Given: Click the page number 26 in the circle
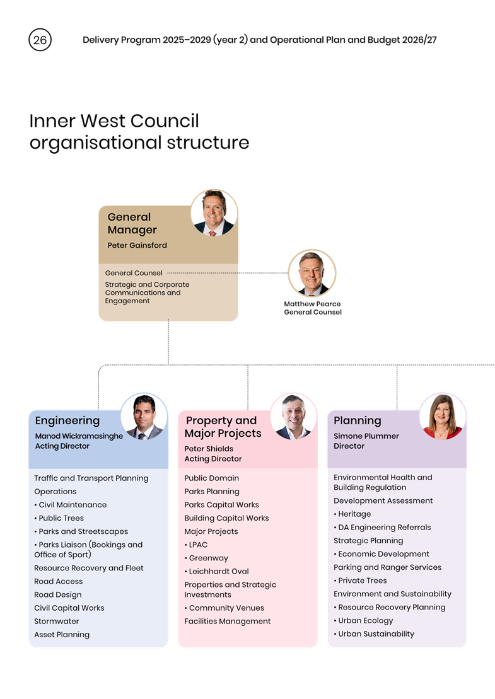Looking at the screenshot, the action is click(x=40, y=40).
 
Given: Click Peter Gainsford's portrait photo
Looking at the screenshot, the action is click(x=214, y=212).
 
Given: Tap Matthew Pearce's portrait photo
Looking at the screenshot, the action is click(x=312, y=273).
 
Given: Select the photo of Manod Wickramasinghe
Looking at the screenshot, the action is click(x=144, y=417).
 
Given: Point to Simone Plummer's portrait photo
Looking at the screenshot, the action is click(x=443, y=417).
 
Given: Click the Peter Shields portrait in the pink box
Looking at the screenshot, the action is click(x=293, y=417).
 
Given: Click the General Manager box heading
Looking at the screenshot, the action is click(x=132, y=223).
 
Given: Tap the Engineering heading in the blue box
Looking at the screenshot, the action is click(x=67, y=421).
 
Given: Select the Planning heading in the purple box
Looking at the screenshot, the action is click(x=357, y=421).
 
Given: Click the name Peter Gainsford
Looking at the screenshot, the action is click(x=137, y=245).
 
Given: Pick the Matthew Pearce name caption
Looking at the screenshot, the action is click(x=312, y=304).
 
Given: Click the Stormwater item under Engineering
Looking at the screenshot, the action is click(x=57, y=621).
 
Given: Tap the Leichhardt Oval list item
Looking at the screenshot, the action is click(x=217, y=571).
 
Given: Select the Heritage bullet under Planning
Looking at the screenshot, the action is click(x=352, y=514).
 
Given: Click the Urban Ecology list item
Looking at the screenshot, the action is click(x=363, y=621).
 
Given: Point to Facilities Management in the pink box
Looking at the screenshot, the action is click(x=228, y=621).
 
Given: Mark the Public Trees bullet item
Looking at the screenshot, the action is click(x=59, y=518).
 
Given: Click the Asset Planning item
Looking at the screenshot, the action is click(x=62, y=635).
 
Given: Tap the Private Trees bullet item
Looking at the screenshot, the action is click(x=360, y=581).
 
